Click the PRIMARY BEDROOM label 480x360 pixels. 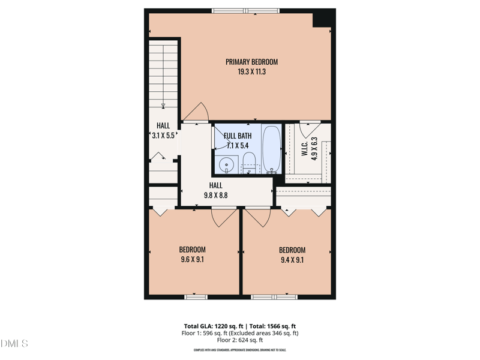tap(251, 62)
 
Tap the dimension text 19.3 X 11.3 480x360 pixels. tap(251, 71)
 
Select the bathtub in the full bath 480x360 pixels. tap(271, 149)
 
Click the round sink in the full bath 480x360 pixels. tap(226, 164)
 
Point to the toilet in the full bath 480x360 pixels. tap(249, 163)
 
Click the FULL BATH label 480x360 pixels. tap(238, 136)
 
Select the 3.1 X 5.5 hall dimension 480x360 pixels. tap(163, 136)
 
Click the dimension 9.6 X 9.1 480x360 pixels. tap(192, 260)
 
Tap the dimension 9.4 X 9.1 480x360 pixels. tap(292, 260)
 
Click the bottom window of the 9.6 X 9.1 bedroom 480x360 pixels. tap(196, 296)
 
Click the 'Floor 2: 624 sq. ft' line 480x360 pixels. tap(240, 340)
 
